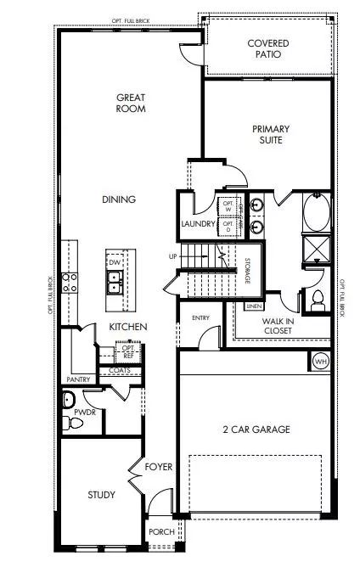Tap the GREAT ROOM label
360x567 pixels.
132,103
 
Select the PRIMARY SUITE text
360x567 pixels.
271,135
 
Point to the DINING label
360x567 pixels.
119,199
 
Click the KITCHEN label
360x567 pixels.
128,327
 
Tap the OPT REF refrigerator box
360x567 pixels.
128,352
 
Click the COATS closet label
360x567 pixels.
121,370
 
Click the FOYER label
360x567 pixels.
158,467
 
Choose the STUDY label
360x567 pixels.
101,495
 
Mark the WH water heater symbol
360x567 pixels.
320,362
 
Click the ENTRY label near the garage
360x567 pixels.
200,318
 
